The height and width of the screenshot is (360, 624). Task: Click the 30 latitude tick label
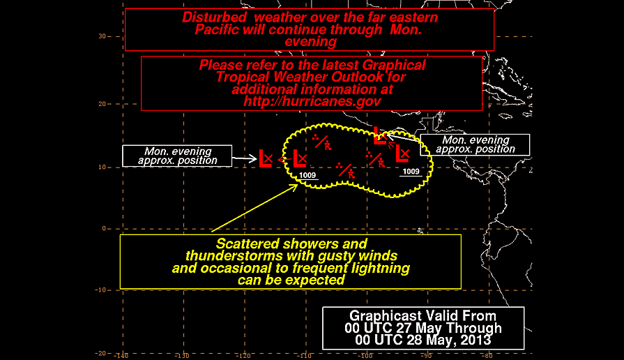(x=102, y=36)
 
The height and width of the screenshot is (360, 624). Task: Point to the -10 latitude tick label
(x=100, y=290)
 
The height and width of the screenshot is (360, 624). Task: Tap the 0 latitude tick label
(x=105, y=229)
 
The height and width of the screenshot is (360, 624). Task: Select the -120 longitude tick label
(x=244, y=356)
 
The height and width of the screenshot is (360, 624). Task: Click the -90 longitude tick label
(x=427, y=356)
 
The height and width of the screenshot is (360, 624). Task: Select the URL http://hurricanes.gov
(x=312, y=101)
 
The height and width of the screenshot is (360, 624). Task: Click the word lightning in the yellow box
(x=381, y=269)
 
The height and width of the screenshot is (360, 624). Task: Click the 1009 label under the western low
(x=307, y=175)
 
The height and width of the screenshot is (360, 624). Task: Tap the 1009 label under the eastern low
(x=411, y=172)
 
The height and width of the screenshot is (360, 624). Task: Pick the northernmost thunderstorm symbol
(x=321, y=142)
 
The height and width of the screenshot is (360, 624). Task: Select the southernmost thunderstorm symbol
(x=345, y=170)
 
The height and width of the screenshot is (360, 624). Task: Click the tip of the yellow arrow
(x=298, y=184)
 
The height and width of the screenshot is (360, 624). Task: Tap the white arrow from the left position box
(x=244, y=159)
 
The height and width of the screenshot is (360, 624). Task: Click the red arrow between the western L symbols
(x=284, y=160)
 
